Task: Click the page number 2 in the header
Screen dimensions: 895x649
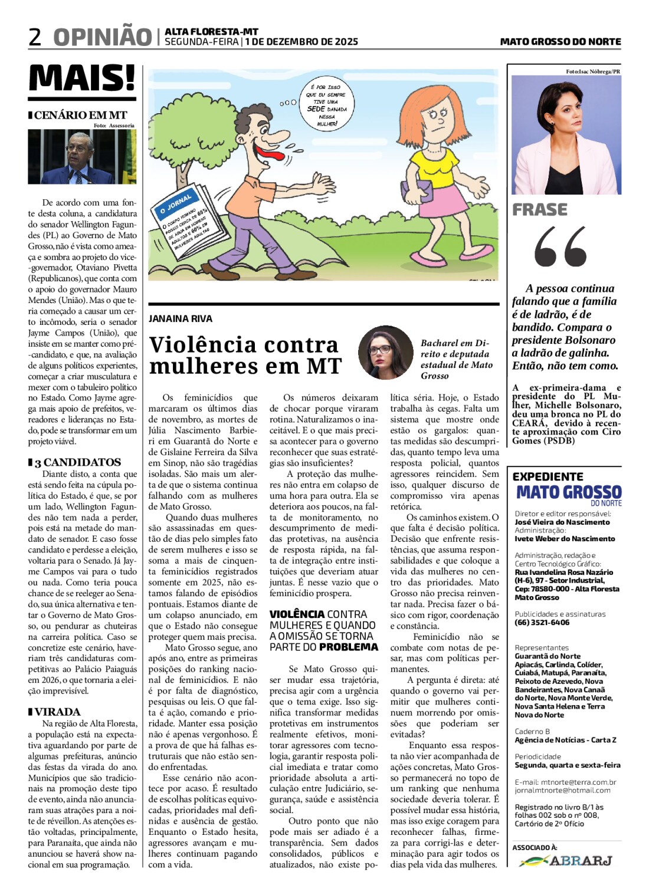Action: tap(35, 37)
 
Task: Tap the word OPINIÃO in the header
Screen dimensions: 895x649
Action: tap(103, 37)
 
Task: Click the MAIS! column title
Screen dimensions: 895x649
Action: tap(82, 78)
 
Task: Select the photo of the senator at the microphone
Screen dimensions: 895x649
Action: tap(82, 156)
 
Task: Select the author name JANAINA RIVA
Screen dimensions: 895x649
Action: tap(181, 318)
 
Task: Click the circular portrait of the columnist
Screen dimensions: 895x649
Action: tap(386, 353)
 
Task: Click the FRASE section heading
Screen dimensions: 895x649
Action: tap(540, 210)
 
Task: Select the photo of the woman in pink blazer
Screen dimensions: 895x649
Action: tap(566, 135)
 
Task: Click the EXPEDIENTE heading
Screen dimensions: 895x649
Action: tap(548, 476)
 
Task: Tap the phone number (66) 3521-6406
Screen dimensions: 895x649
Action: tap(542, 622)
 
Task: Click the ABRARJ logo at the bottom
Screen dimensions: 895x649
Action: tap(566, 861)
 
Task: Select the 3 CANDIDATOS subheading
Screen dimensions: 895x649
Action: tap(77, 462)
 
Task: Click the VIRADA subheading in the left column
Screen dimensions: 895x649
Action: tap(57, 712)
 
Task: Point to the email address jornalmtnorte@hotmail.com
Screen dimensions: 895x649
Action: tap(562, 790)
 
